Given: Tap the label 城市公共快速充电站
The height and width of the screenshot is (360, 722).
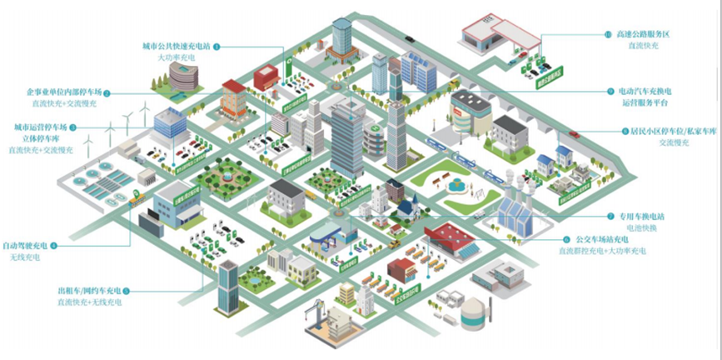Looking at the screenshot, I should click(176, 47).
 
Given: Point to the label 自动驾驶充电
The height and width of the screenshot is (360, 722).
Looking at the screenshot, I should click(24, 245).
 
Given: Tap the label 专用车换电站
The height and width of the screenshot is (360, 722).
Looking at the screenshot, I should click(617, 215).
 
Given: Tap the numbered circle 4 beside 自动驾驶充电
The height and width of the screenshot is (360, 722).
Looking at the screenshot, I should click(55, 245).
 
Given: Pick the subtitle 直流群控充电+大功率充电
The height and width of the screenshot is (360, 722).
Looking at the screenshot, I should click(601, 250).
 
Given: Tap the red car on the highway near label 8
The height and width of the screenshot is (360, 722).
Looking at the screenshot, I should click(574, 133).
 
